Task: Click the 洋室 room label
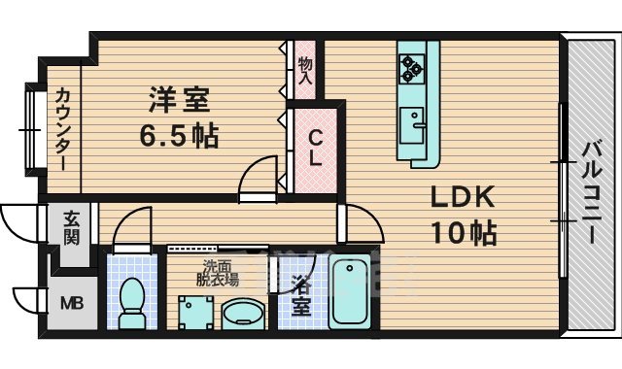click(179, 100)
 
